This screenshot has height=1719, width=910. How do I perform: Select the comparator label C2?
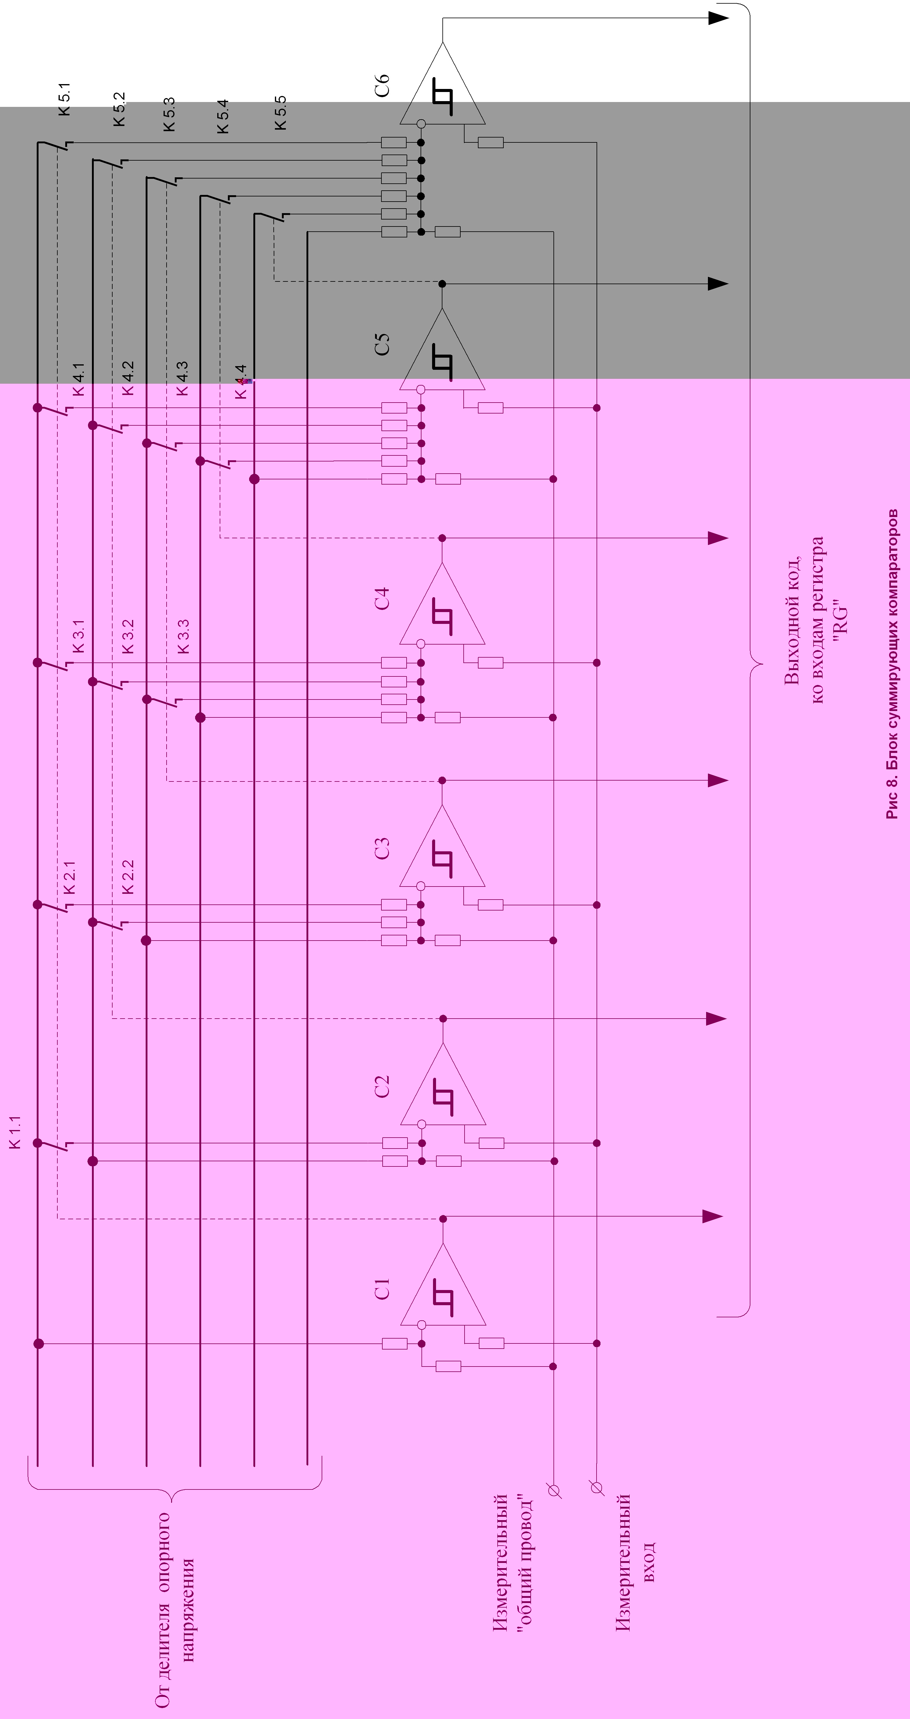click(x=382, y=1086)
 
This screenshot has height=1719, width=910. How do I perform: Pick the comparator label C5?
click(x=382, y=344)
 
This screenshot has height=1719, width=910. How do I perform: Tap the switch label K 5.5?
click(x=280, y=112)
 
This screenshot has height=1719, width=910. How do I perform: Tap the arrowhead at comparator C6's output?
click(x=718, y=18)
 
